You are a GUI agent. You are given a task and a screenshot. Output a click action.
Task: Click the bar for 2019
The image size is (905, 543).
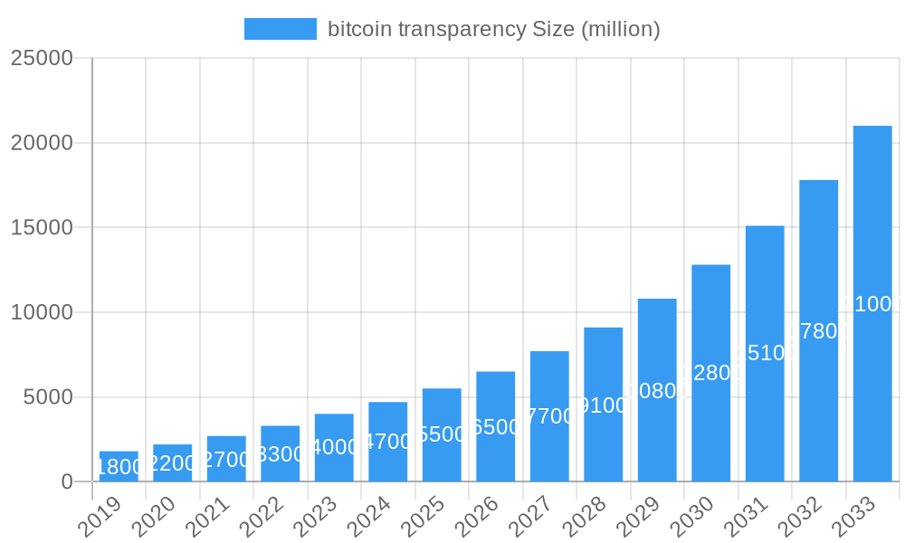(x=119, y=466)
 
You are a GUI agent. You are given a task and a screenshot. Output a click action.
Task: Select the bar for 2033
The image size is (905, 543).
(x=872, y=303)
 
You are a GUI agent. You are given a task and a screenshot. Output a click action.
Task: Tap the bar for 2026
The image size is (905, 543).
(x=496, y=426)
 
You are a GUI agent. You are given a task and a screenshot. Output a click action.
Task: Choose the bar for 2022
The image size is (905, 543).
(x=281, y=453)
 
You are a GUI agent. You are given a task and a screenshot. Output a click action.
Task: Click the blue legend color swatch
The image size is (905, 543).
(x=281, y=29)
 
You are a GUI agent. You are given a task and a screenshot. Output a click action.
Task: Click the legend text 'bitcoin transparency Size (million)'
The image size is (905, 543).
(x=493, y=29)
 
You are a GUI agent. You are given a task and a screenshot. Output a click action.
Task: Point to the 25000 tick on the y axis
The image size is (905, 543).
(x=42, y=58)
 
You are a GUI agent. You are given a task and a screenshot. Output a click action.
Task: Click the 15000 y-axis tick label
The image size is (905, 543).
(x=42, y=227)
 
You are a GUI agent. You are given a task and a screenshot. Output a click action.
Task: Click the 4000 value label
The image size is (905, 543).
(x=334, y=447)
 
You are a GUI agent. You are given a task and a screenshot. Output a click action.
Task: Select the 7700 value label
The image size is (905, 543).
(x=549, y=416)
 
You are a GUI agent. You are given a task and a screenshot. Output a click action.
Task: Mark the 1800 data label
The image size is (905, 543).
(x=119, y=467)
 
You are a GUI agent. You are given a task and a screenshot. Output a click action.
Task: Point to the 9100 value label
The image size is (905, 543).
(x=604, y=405)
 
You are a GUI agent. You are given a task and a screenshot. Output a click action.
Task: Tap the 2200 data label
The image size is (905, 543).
(x=173, y=464)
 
